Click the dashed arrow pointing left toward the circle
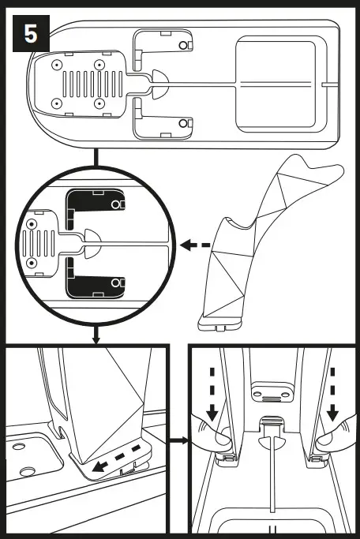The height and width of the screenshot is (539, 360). [x=196, y=245]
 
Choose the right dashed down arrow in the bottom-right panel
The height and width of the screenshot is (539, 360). [x=332, y=391]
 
